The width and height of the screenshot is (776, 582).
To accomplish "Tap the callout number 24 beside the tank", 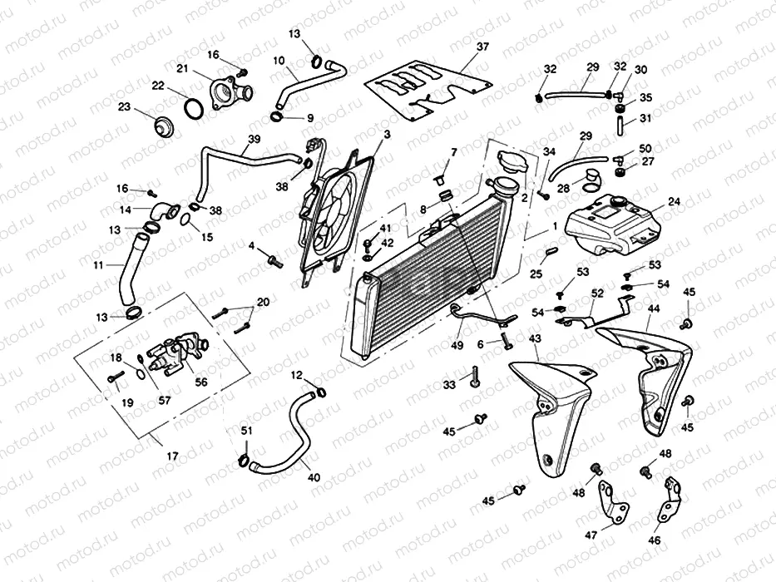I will point(674,200).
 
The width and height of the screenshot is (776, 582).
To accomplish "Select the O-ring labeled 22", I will point(191,109).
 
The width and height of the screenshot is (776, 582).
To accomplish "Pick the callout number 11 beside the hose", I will point(98,266).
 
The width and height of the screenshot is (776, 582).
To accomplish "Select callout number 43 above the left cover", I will point(534,338).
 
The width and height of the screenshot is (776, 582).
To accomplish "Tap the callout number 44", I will point(655,308).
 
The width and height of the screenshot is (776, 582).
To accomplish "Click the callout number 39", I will point(254,139).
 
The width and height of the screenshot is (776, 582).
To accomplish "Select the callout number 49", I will point(456,346).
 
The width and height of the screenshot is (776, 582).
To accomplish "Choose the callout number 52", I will point(597,293).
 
